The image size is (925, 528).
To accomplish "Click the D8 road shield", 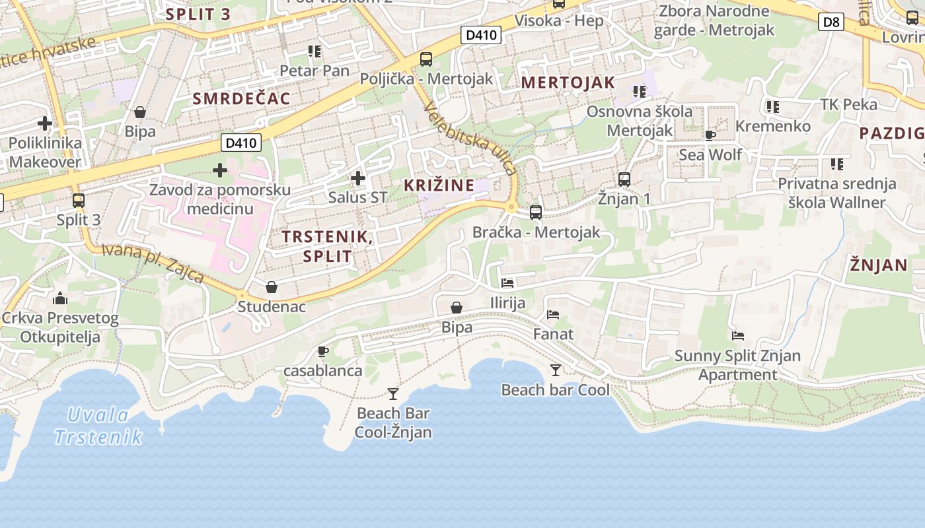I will point(831,22).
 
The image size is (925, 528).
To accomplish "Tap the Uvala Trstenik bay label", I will point(98,426).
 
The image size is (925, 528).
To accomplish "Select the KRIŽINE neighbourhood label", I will point(439,185).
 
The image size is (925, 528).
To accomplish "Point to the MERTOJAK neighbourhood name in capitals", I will point(568,83).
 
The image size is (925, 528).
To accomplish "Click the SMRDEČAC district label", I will point(241,99).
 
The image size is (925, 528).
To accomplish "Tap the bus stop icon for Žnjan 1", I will point(624,179).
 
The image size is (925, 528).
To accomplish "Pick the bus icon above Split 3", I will point(79,200).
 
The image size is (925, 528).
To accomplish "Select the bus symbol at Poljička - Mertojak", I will point(426,59).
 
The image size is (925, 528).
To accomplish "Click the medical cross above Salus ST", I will point(357,178).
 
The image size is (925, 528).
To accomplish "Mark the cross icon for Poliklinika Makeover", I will point(45,123).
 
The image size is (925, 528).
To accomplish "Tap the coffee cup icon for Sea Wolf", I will point(710,135).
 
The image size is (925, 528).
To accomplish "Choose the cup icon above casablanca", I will point(322,351).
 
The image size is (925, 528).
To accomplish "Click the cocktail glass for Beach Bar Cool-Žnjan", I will point(393,394).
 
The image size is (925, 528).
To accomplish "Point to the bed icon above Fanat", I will point(553,315).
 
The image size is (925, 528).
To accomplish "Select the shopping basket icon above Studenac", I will point(271,287).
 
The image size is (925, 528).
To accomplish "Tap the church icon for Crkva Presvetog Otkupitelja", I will point(60,298).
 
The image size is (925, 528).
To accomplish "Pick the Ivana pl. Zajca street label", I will point(153,263).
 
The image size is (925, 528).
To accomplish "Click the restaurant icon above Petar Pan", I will point(314,51).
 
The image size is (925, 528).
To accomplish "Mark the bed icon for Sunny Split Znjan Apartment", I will point(738,336).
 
